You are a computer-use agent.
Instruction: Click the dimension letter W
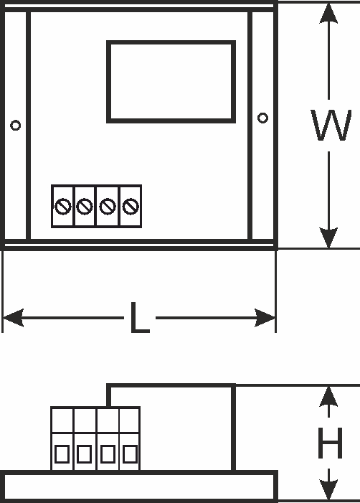[x=331, y=125]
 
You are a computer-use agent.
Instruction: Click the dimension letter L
[x=140, y=318]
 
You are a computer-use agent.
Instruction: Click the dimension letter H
[x=330, y=443]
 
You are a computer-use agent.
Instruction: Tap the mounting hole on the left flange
[x=15, y=125]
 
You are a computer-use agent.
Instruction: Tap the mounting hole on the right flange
[x=262, y=118]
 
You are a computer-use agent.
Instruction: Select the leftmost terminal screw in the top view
[x=63, y=206]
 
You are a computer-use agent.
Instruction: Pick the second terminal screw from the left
[x=85, y=206]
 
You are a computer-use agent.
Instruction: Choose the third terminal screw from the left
[x=108, y=206]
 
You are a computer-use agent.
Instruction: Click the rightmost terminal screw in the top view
[x=131, y=206]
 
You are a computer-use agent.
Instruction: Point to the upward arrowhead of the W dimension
[x=328, y=14]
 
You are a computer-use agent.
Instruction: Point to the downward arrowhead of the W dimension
[x=328, y=238]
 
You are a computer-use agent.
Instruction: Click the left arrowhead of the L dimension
[x=14, y=318]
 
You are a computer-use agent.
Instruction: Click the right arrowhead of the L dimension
[x=265, y=318]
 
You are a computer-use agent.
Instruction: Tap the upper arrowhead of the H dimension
[x=328, y=397]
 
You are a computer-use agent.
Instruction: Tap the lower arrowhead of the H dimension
[x=328, y=490]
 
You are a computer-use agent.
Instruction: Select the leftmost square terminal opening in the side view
[x=62, y=454]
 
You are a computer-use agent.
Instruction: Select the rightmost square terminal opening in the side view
[x=130, y=454]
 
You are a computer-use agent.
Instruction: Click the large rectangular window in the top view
[x=171, y=42]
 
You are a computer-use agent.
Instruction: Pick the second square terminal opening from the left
[x=85, y=454]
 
